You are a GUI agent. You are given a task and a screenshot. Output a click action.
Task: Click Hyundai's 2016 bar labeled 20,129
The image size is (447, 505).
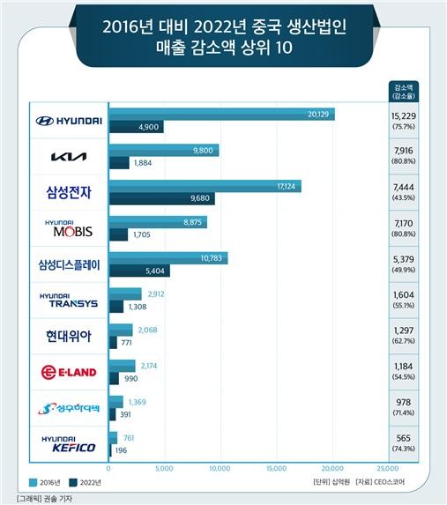tap(221, 115)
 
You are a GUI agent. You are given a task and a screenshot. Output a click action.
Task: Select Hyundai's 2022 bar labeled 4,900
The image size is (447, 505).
tap(136, 127)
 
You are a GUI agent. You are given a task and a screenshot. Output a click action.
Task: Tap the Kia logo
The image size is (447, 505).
tap(69, 157)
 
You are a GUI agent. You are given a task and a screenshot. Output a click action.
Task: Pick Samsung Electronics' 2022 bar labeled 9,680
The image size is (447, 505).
tap(161, 198)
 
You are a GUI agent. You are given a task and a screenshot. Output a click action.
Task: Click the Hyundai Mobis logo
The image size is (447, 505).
tap(69, 228)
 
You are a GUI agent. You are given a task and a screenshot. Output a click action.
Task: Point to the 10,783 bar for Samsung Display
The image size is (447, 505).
tap(168, 258)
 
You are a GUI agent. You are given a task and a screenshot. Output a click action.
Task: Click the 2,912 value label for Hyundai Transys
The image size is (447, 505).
tap(156, 294)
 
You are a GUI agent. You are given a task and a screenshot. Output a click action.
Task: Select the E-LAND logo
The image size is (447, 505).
tap(69, 372)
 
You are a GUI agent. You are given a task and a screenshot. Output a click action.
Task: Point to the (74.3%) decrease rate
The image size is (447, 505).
tap(404, 449)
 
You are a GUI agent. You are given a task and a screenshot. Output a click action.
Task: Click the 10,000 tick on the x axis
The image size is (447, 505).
tap(220, 468)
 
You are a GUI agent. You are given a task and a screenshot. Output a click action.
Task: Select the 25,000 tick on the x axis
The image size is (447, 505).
tap(388, 468)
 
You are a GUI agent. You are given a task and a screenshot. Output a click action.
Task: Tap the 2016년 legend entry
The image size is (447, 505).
tap(44, 482)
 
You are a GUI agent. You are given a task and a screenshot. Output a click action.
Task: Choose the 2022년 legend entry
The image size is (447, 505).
tap(86, 482)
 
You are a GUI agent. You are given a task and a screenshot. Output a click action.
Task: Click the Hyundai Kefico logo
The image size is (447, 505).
tap(69, 444)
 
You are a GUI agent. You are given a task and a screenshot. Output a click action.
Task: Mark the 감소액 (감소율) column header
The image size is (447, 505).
tap(404, 92)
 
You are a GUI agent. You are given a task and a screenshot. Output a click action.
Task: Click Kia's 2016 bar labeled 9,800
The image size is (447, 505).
tap(164, 151)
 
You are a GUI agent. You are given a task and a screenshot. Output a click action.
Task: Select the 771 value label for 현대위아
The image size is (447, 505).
tap(126, 343)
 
